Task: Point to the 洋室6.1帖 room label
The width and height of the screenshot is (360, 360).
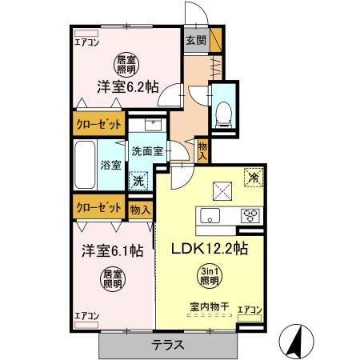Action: (x=111, y=250)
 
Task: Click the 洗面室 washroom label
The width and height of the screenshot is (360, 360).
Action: (x=148, y=150)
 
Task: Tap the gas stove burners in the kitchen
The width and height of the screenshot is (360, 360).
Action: (x=250, y=215)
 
